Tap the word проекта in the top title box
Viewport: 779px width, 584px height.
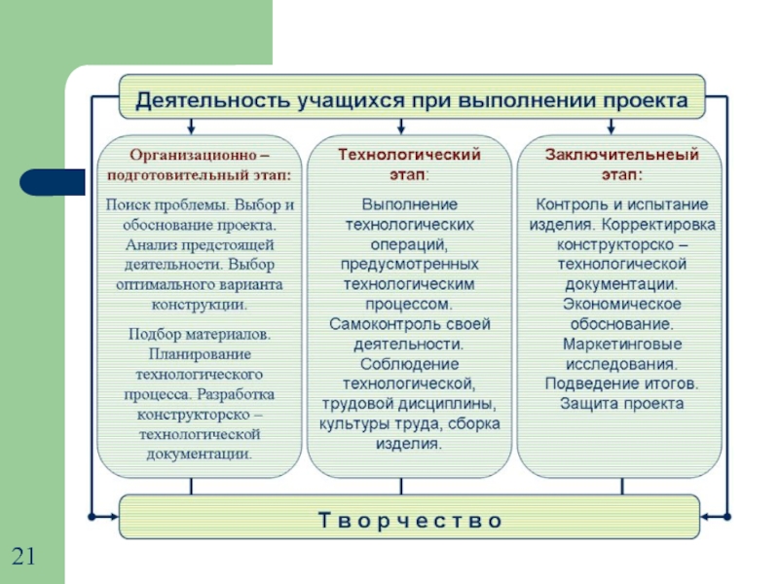click(644, 100)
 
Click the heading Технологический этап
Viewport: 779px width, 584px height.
click(410, 163)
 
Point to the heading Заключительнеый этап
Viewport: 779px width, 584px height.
click(619, 163)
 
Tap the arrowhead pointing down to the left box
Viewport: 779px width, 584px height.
click(192, 128)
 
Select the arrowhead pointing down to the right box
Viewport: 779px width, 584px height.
click(611, 128)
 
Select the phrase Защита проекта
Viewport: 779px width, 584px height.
click(620, 403)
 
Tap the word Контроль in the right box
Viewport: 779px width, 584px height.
click(571, 205)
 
